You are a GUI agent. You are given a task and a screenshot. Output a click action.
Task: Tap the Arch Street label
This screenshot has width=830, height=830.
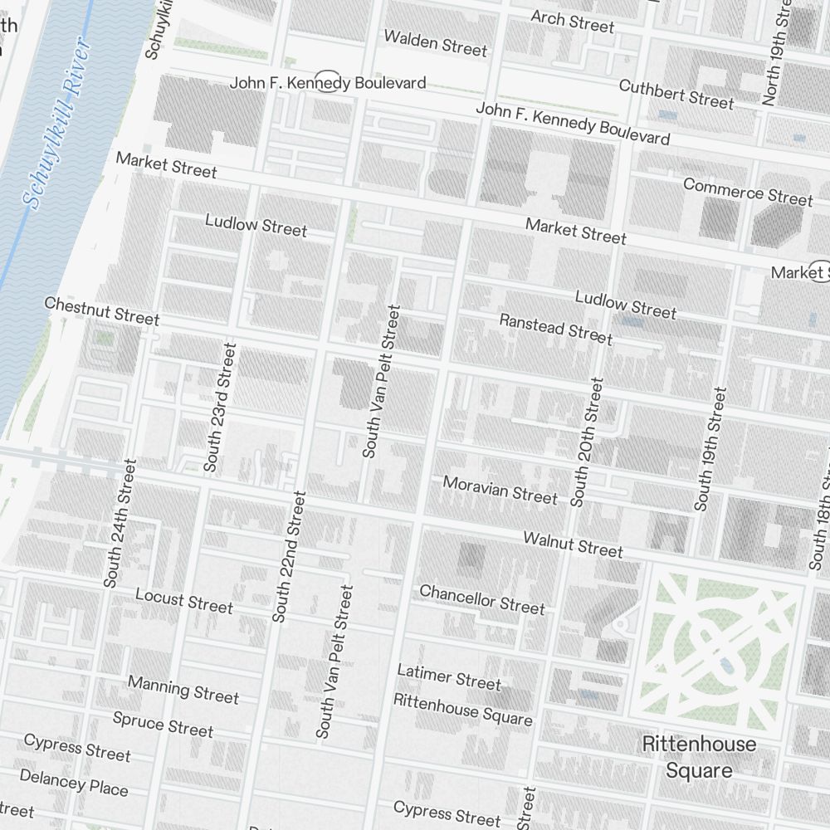572,21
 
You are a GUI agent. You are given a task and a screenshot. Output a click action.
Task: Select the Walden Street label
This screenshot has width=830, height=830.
435,43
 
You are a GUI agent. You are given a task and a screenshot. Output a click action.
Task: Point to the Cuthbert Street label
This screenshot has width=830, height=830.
676,94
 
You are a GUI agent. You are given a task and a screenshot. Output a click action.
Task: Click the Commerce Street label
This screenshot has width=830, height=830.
748,191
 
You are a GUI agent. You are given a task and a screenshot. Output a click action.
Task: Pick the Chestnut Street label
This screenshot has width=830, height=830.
101,311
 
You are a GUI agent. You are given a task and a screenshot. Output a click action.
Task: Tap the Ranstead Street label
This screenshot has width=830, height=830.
555,328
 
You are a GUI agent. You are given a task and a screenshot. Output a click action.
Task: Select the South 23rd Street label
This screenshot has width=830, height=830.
220,408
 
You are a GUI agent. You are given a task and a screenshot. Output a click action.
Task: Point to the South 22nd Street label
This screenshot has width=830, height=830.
289,556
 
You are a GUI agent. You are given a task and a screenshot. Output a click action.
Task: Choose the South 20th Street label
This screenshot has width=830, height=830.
587,442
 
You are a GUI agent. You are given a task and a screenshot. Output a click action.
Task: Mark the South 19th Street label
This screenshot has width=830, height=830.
710,449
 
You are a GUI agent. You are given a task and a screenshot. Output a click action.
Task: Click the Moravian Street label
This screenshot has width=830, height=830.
500,489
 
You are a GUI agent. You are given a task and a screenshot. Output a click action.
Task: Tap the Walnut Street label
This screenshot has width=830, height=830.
573,544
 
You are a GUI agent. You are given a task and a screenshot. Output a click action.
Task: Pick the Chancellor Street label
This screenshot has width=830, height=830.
482,599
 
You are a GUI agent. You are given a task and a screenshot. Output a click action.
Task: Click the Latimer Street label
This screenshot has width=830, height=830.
449,676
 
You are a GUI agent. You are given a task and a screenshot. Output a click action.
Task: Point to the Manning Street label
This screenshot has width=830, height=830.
183,689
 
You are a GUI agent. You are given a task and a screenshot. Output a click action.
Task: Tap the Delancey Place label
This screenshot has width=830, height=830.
73,782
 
